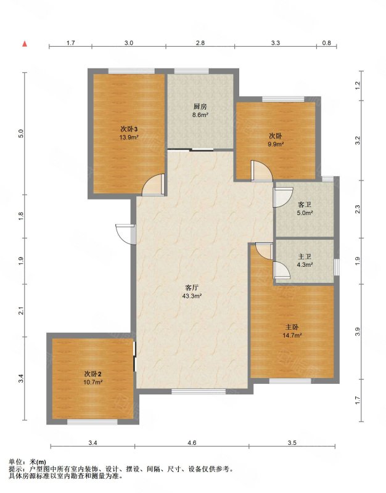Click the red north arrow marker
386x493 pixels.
click(x=25, y=44)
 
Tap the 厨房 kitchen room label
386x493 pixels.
click(x=200, y=107)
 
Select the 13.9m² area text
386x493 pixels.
click(x=129, y=137)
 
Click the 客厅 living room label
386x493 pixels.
click(x=192, y=288)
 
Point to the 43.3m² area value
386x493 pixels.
click(x=192, y=296)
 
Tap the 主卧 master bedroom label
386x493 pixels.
click(x=292, y=327)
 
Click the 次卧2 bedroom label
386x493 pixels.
click(x=93, y=374)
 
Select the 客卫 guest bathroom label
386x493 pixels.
click(x=305, y=205)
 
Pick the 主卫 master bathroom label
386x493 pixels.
click(x=305, y=257)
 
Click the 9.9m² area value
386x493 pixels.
click(x=276, y=144)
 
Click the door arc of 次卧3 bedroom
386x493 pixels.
click(x=152, y=185)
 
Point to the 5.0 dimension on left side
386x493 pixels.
click(x=21, y=134)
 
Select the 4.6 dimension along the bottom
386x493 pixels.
click(x=192, y=442)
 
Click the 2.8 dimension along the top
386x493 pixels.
click(x=200, y=43)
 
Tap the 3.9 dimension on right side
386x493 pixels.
click(x=358, y=332)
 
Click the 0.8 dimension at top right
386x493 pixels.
click(x=327, y=43)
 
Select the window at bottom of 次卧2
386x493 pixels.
click(x=92, y=422)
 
